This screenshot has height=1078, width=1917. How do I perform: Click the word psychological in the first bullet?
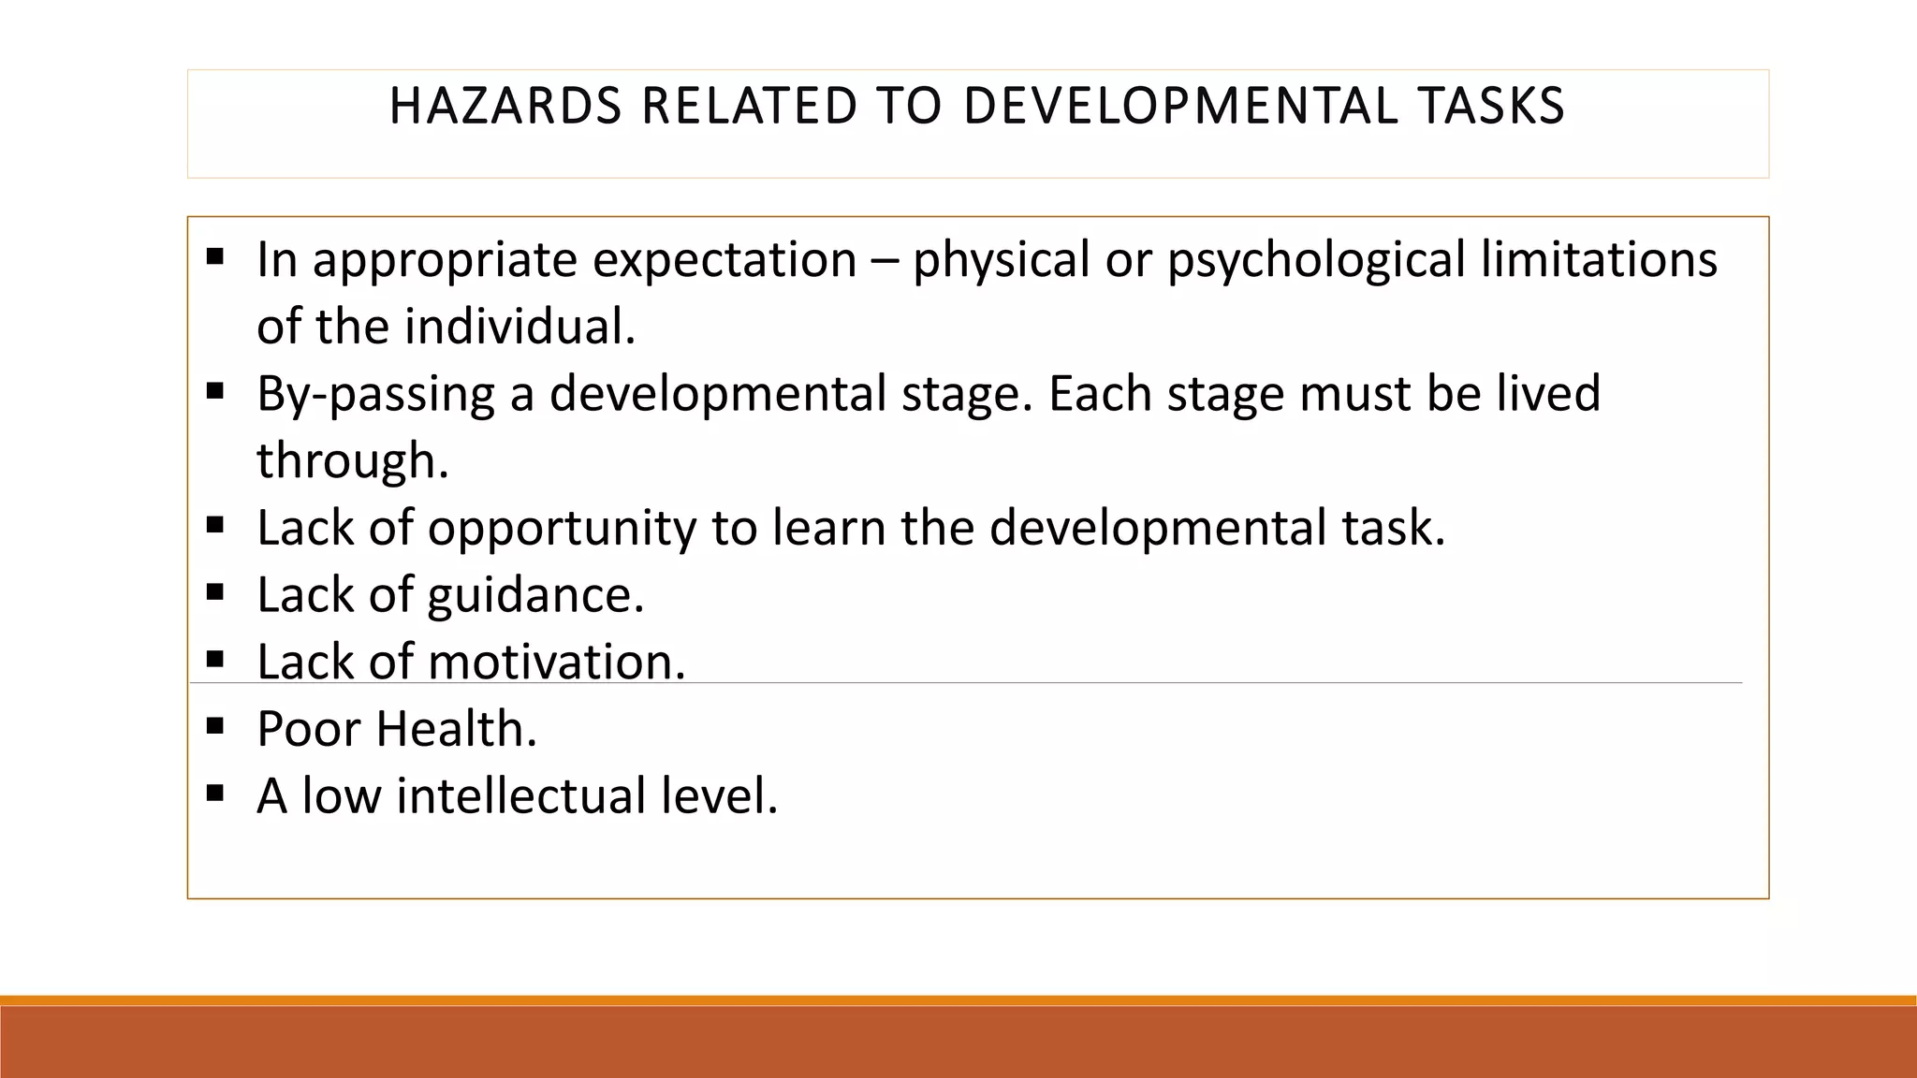pos(1316,260)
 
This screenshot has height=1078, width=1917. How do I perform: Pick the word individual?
pos(520,327)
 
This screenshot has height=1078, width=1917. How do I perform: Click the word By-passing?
pos(375,394)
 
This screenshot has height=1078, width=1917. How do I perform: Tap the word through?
pos(353,460)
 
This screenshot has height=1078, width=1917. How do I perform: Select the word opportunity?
pos(562,529)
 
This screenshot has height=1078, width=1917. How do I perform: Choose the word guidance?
pos(535,596)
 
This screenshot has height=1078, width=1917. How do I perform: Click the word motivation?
pos(557,662)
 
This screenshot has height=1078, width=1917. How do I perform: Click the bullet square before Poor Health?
pos(215,724)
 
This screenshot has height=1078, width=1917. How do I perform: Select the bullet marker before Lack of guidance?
pos(215,590)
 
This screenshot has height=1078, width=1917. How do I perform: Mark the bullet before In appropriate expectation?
pos(215,255)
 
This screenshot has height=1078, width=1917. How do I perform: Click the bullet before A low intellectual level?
pos(215,793)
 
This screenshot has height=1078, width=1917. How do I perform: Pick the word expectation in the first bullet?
pos(724,260)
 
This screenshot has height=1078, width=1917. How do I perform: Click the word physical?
pos(1001,260)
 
